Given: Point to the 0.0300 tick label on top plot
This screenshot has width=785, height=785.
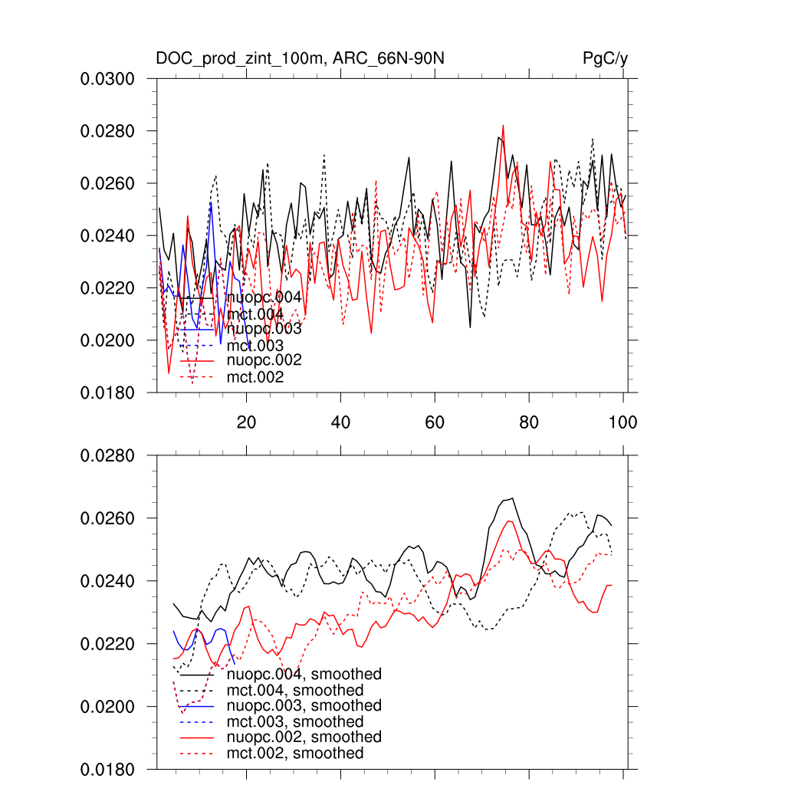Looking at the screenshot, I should coord(108,79).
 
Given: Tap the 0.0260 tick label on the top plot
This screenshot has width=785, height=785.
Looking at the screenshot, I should coord(108,183).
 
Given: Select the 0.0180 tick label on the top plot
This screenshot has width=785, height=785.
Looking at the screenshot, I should coord(108,392).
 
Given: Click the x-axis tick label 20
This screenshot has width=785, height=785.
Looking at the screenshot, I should coord(246,422).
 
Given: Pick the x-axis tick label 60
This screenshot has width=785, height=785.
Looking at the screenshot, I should coord(435,422).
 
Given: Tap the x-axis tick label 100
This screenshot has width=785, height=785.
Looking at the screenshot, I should coord(622,422).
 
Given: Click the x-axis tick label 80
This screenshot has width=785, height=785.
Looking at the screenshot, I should coord(529,422).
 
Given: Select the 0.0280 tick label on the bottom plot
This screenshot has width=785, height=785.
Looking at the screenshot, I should coord(108,456).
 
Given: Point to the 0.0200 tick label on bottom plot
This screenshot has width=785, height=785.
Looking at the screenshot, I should coord(108,706).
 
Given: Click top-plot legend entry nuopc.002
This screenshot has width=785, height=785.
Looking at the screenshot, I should coord(264,360).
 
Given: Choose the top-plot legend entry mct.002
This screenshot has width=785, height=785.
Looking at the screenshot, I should coord(255,377).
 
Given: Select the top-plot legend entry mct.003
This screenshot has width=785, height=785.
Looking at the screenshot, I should coord(255,346).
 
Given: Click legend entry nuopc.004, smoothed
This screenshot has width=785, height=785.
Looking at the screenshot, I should coord(304,675).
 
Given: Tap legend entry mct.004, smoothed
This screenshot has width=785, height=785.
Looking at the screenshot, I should coord(295,691).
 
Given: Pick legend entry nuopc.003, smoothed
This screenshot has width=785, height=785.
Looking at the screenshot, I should coord(304,705).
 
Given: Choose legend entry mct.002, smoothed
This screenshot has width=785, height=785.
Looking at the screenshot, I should coord(295,754).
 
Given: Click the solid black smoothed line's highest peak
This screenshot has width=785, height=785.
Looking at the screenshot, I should coord(512,498).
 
